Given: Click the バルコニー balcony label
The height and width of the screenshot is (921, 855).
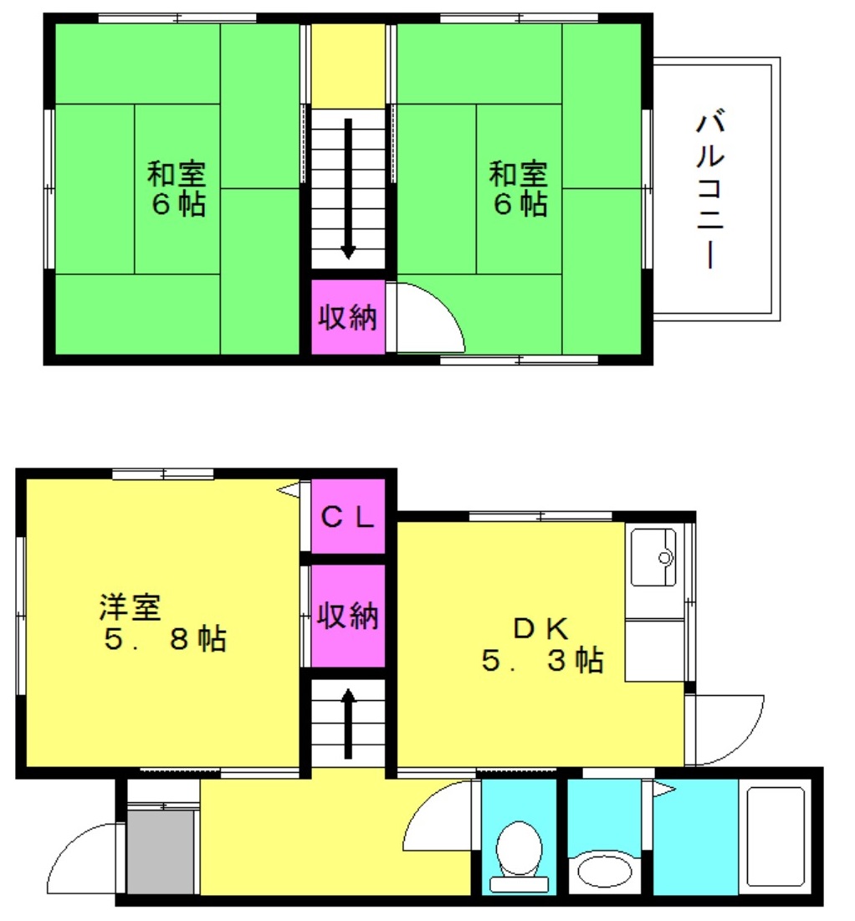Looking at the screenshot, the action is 710,189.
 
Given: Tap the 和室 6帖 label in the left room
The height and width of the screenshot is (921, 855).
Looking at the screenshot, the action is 177,189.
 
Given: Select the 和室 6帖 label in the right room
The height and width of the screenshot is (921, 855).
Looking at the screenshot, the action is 519,189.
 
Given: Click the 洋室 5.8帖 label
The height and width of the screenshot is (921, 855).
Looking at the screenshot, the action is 163,623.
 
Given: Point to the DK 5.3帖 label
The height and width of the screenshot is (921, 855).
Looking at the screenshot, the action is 542,645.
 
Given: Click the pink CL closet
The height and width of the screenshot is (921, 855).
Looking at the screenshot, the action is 348,516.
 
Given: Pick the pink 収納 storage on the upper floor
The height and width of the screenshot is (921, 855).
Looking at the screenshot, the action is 348,317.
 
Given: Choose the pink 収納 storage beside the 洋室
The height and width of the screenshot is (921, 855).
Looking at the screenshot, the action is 348,616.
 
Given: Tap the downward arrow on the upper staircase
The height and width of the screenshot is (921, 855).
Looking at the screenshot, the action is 349,188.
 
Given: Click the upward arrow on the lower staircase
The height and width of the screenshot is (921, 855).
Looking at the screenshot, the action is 349,723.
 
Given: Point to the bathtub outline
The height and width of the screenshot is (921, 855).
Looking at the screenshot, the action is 775,837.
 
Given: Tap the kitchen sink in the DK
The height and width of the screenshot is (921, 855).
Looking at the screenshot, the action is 653,557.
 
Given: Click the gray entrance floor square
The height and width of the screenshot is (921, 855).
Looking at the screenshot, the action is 161,852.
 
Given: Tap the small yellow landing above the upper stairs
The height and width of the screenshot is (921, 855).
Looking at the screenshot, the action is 348,66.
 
